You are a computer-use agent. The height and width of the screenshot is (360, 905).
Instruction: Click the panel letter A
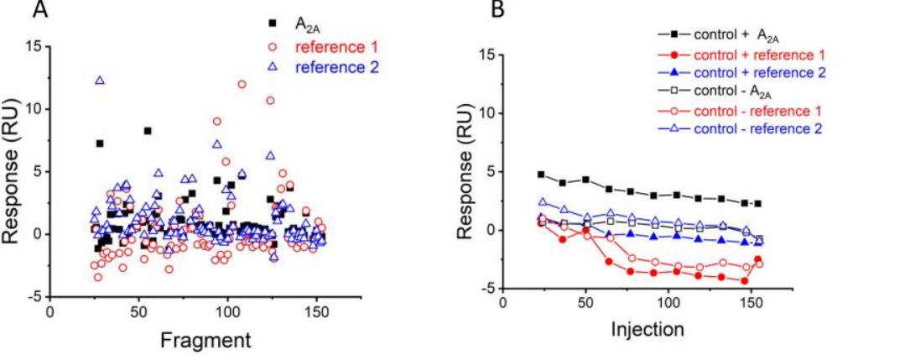pyautogui.click(x=39, y=11)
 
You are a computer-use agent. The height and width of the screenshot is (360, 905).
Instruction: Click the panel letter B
pyautogui.click(x=498, y=11)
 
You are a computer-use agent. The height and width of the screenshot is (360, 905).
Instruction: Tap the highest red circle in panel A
pyautogui.click(x=242, y=84)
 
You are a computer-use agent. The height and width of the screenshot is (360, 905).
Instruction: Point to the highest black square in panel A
pyautogui.click(x=148, y=131)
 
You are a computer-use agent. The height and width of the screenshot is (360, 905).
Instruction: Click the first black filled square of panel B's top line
pyautogui.click(x=541, y=175)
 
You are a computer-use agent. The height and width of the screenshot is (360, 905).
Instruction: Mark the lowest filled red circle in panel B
pyautogui.click(x=744, y=281)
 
